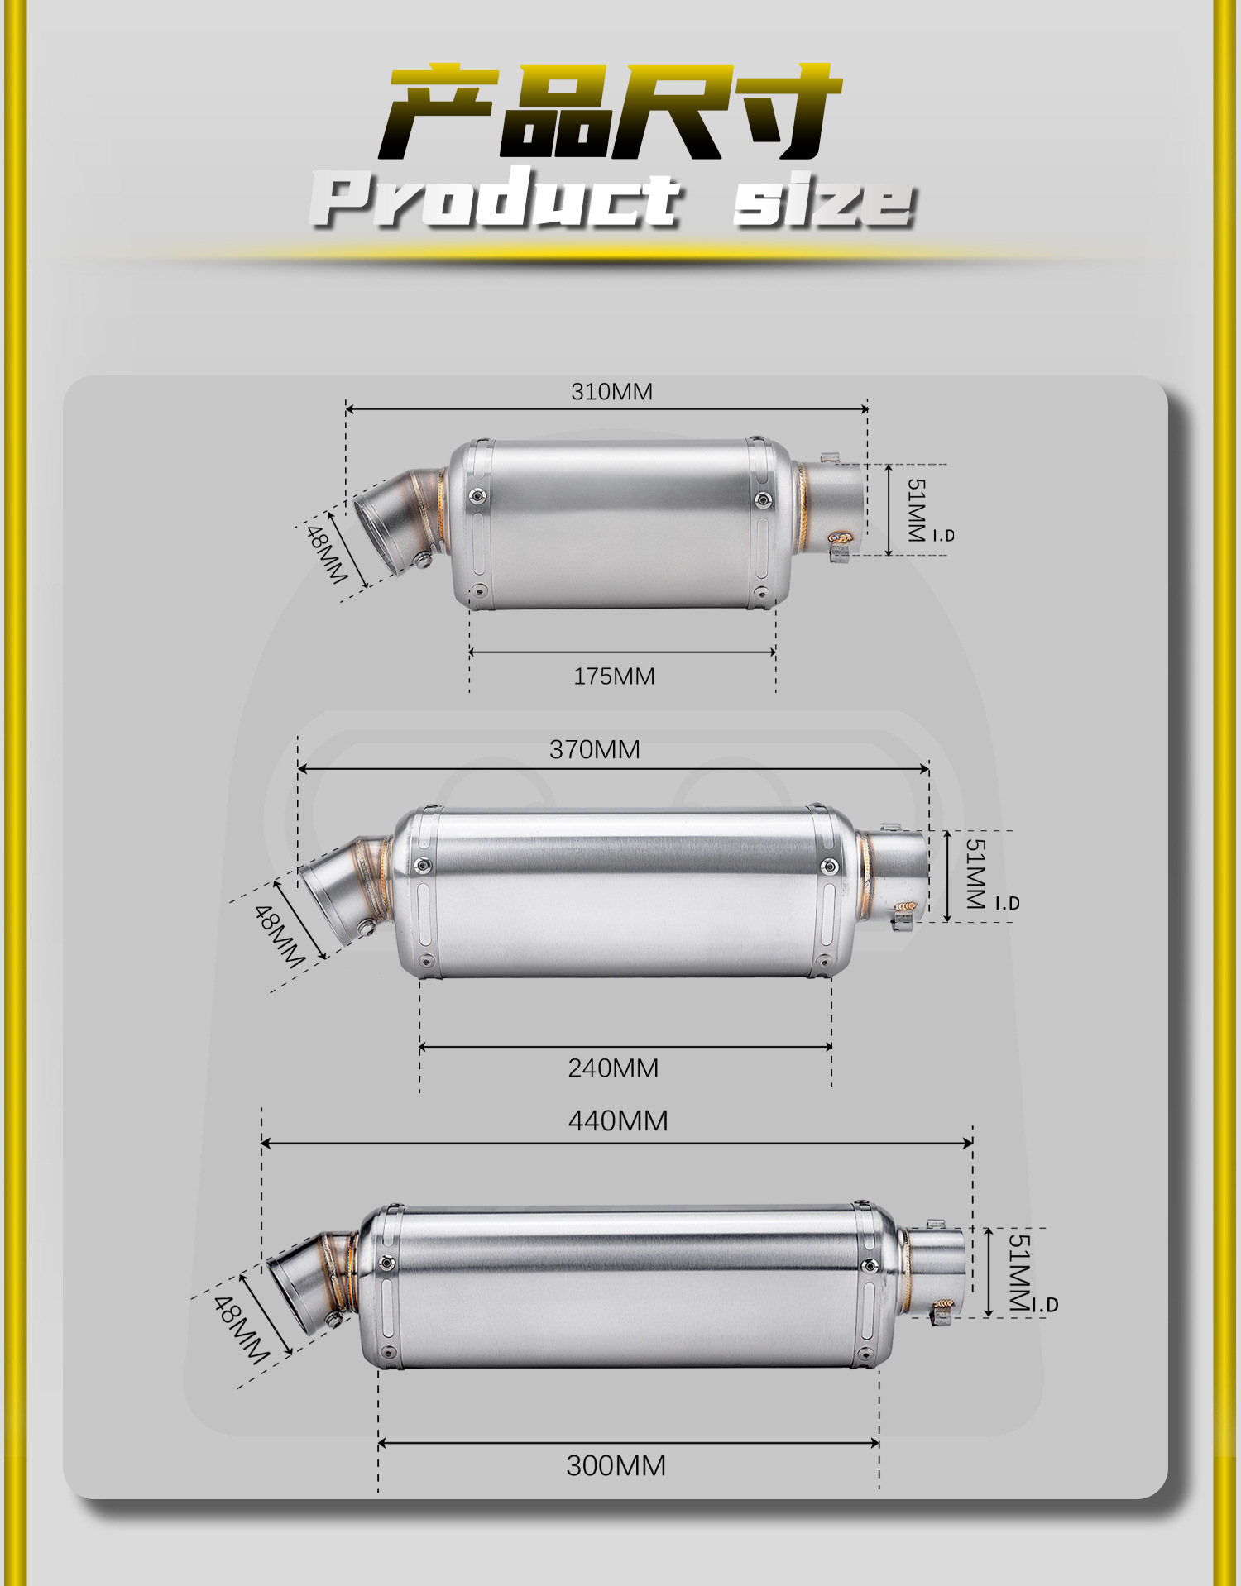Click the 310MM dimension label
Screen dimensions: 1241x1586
[x=611, y=391]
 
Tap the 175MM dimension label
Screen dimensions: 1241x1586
[x=614, y=676]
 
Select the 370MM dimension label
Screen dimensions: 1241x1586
[x=595, y=749]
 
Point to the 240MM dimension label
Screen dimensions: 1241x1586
[x=613, y=1068]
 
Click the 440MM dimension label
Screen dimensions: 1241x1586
[x=618, y=1121]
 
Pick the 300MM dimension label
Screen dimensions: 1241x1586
[x=616, y=1466]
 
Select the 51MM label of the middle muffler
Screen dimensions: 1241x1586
[x=976, y=874]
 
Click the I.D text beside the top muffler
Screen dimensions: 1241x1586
[x=944, y=536]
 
